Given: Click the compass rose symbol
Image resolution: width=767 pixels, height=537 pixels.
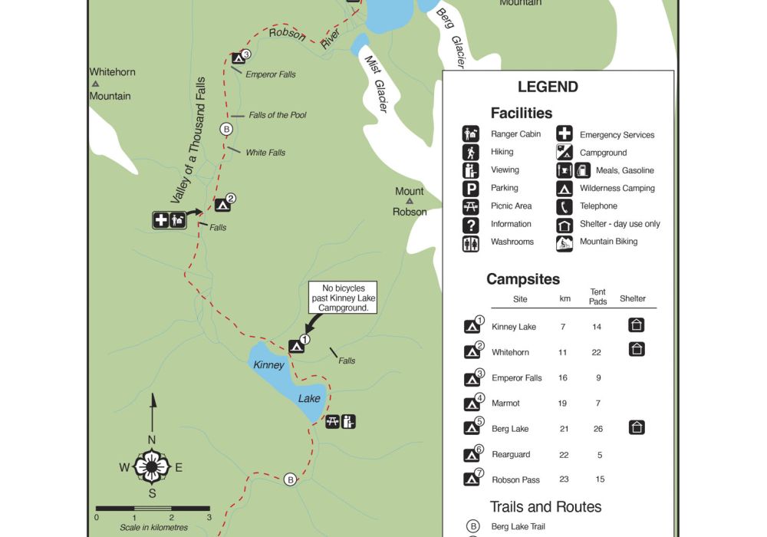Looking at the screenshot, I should pyautogui.click(x=152, y=466).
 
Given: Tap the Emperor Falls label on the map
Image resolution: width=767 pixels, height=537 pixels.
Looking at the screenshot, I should pyautogui.click(x=271, y=74).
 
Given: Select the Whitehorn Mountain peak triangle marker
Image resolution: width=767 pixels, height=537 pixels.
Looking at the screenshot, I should pyautogui.click(x=95, y=84).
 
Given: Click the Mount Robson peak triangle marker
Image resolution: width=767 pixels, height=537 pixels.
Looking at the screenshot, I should pyautogui.click(x=410, y=202).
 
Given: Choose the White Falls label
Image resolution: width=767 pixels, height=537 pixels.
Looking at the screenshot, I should pyautogui.click(x=265, y=153).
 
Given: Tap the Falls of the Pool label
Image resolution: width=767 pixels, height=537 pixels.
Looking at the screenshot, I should pyautogui.click(x=278, y=115).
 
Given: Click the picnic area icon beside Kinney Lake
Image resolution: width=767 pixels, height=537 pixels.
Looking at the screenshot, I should pyautogui.click(x=333, y=421).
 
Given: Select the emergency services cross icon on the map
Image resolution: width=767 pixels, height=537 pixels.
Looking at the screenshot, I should pyautogui.click(x=161, y=221).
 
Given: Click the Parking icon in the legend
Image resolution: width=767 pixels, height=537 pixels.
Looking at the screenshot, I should pyautogui.click(x=471, y=188).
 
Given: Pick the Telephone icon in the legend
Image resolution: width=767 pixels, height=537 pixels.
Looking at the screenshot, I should pyautogui.click(x=565, y=206).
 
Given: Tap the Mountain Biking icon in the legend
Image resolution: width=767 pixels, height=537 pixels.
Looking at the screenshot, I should pyautogui.click(x=565, y=242).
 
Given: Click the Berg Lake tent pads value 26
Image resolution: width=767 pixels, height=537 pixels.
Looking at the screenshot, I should pyautogui.click(x=599, y=429).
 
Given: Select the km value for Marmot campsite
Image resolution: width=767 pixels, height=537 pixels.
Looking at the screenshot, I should pyautogui.click(x=562, y=404).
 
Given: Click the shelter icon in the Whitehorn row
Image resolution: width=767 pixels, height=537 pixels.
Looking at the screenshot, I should pyautogui.click(x=636, y=350).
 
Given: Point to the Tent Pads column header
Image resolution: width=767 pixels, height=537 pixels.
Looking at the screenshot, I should pyautogui.click(x=598, y=297).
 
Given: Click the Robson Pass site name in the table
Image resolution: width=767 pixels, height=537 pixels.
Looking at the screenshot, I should pyautogui.click(x=515, y=480).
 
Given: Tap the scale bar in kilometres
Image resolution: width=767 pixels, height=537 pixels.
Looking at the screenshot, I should pyautogui.click(x=153, y=509).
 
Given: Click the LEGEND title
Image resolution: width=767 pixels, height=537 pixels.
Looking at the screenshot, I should pyautogui.click(x=548, y=87).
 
